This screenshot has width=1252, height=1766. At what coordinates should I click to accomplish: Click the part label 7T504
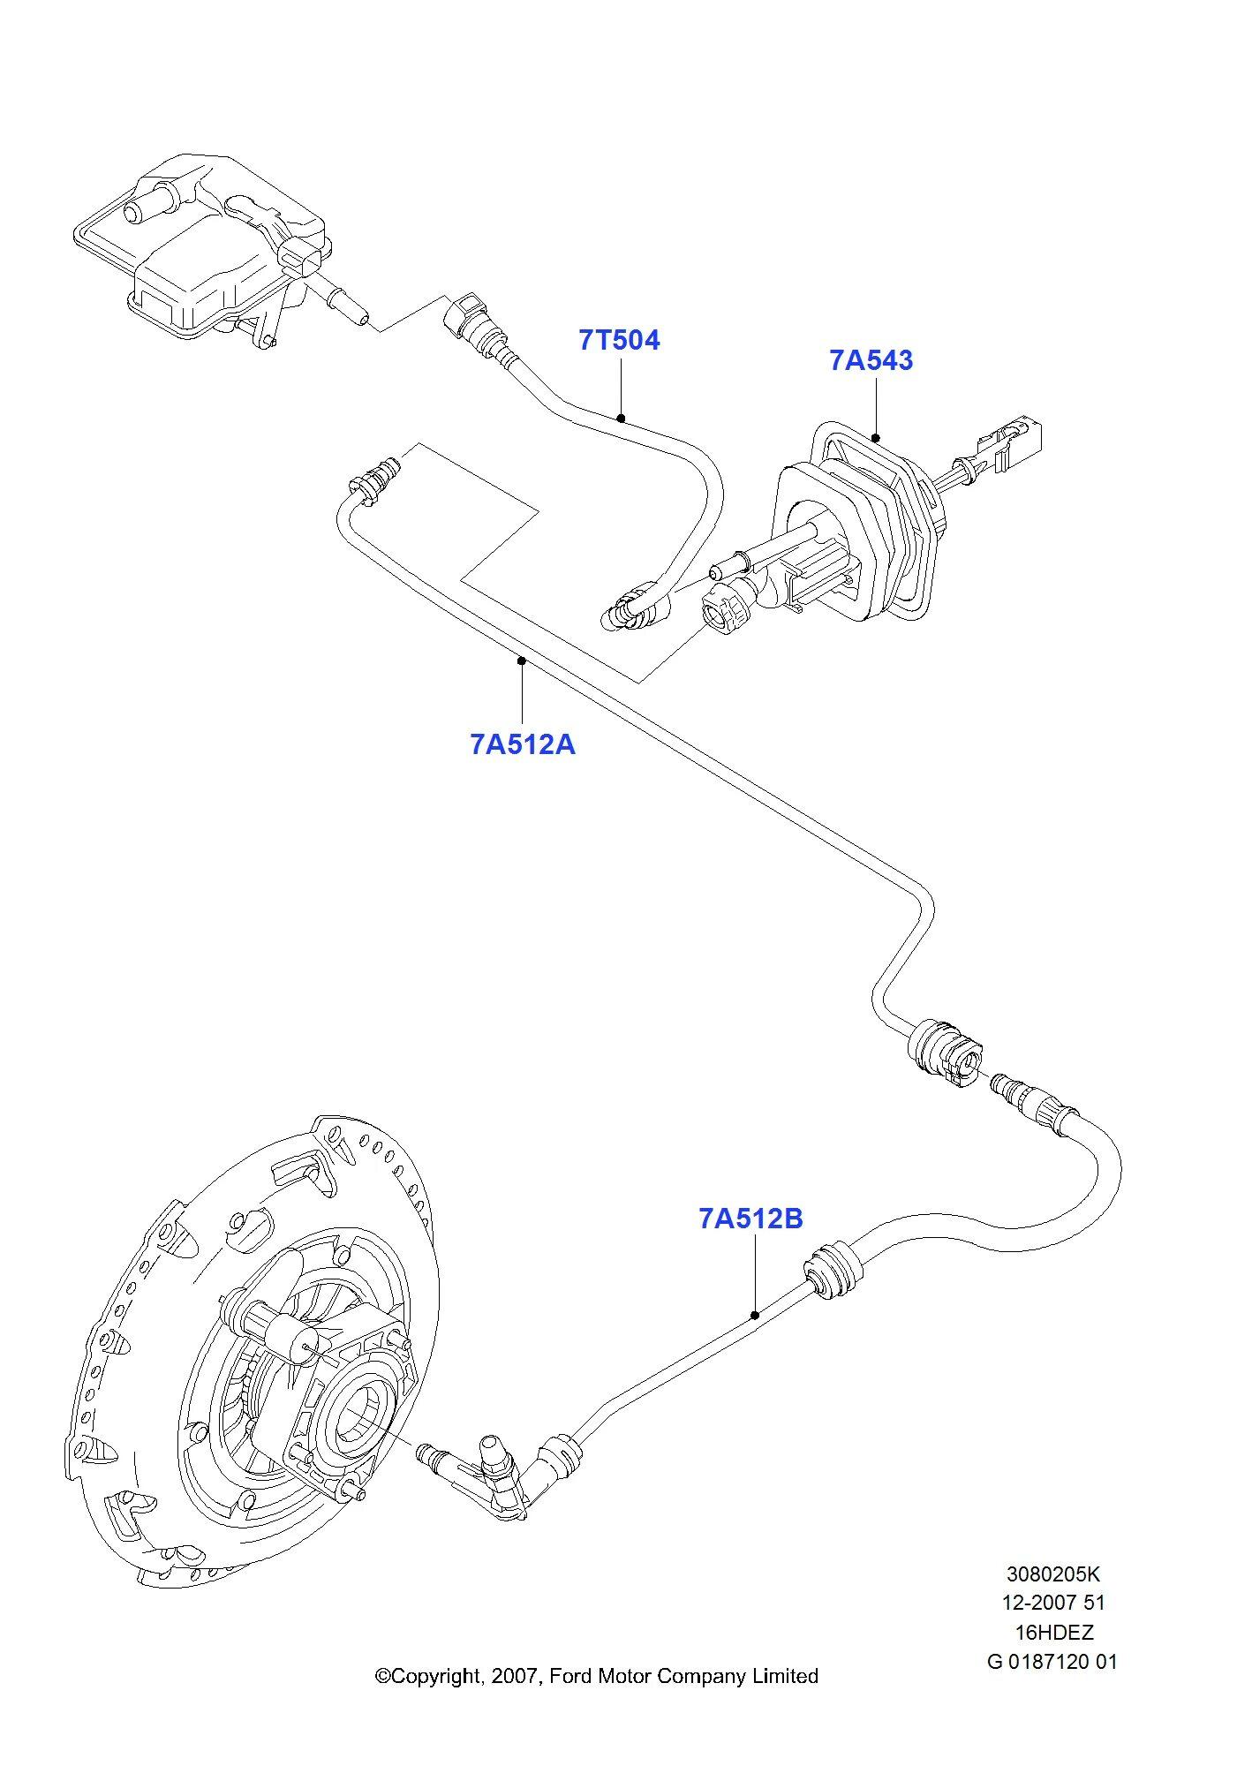pos(619,340)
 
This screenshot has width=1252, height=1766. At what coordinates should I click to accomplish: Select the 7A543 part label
pos(871,360)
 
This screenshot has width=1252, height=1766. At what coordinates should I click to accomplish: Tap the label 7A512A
pos(523,744)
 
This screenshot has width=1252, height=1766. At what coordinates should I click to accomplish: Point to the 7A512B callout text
pos(751,1219)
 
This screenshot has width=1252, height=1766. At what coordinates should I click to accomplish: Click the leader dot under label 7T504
pos(622,418)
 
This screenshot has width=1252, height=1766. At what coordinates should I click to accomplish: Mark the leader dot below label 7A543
pos(876,437)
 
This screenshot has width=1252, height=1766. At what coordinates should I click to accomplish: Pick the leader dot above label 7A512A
pos(522,660)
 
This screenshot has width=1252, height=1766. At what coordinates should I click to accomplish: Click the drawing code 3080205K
pos(1053,1574)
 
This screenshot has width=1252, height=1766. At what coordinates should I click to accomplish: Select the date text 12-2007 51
pos(1053,1603)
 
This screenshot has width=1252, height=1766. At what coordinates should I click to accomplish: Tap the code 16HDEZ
pos(1053,1632)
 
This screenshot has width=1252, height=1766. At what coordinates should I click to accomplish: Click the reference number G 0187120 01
pos(1052,1661)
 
